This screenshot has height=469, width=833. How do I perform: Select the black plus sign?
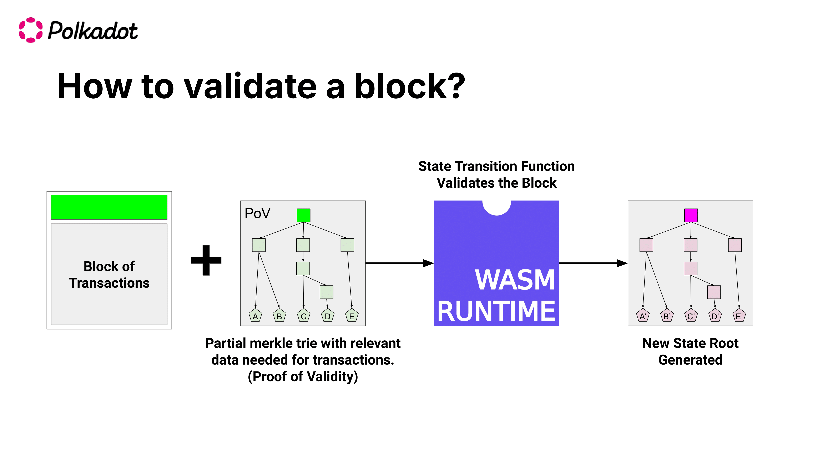tap(206, 260)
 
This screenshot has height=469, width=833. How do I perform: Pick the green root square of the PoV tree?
tap(303, 215)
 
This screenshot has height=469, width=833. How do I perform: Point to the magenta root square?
tap(691, 215)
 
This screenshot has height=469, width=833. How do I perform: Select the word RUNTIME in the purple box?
tap(496, 311)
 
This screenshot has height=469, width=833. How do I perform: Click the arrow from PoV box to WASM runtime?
tap(399, 263)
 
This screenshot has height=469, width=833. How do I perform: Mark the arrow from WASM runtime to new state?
tap(593, 263)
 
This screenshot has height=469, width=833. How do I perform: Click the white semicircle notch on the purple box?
tap(496, 207)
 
